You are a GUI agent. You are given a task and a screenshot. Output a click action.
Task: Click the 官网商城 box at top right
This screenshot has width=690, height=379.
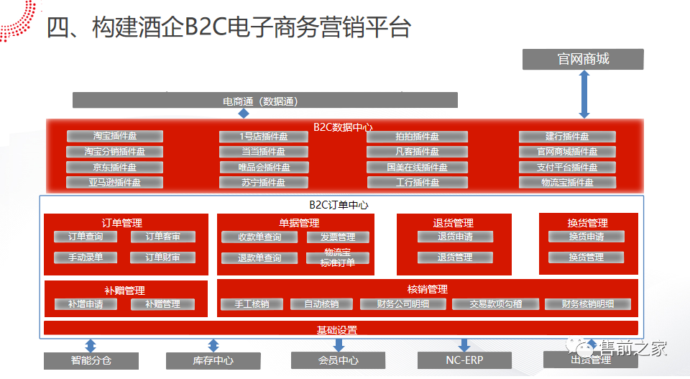point(583,59)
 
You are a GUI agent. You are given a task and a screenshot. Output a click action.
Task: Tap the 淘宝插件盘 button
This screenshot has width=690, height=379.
point(115,136)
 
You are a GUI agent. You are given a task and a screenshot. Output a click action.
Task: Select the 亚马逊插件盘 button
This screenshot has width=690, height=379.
point(115,183)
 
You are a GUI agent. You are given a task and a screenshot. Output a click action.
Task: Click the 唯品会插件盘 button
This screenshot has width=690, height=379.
point(264,167)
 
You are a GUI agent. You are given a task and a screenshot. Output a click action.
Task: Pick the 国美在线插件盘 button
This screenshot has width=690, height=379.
point(417,167)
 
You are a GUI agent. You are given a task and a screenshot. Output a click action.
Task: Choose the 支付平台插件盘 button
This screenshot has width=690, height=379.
point(568,167)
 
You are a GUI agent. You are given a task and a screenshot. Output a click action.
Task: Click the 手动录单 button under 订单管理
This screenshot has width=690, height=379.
point(86,257)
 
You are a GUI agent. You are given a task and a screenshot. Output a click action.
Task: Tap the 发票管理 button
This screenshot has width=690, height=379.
point(338,237)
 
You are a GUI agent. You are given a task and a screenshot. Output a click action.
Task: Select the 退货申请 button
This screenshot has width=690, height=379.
point(455,237)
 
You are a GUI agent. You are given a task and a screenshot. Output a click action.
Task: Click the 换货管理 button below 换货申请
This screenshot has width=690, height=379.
point(586,257)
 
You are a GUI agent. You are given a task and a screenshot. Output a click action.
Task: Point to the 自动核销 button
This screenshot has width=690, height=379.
point(321,304)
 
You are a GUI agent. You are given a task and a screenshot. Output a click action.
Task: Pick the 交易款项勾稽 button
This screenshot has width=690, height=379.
point(495,304)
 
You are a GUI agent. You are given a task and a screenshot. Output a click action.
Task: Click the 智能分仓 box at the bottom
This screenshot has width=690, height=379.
point(91,360)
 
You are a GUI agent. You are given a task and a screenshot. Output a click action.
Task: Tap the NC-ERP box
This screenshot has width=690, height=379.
point(464,360)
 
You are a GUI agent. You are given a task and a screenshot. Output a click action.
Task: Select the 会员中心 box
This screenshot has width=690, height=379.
point(339,360)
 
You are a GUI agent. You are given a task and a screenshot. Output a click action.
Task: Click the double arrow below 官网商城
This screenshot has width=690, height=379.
point(584,94)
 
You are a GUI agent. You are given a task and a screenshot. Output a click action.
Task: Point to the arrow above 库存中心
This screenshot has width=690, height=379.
point(213,345)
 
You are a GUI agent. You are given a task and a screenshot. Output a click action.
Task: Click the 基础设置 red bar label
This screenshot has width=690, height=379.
point(337,330)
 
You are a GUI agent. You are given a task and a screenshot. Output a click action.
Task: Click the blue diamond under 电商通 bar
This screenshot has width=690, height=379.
point(244,114)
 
